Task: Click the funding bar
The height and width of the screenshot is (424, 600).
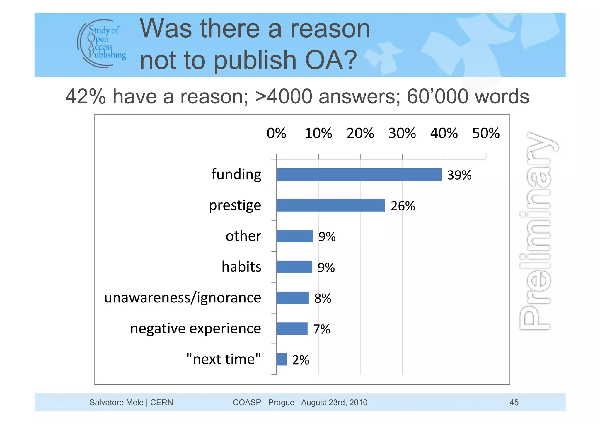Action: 359,175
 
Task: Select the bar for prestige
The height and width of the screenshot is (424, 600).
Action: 330,205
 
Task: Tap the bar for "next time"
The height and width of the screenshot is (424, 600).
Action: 281,359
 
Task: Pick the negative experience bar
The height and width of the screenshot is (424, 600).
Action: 292,328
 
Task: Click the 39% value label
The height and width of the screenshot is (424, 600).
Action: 459,175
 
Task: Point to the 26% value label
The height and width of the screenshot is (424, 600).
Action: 403,206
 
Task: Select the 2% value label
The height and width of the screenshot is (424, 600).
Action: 301,360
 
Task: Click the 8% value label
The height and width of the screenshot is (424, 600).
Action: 323,298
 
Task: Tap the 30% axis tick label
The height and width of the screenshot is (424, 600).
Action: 402,133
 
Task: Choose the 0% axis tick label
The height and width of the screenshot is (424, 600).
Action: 276,133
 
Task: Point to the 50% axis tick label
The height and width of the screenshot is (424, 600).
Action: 486,133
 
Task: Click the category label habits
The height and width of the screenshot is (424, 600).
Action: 241,267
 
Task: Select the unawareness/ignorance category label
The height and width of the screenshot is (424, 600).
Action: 183,298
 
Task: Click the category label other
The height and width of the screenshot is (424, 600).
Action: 243,236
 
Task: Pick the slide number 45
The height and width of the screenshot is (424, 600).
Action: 514,402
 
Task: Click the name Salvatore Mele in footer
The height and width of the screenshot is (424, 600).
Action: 116,402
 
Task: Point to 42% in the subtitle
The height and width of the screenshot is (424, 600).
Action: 85,97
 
